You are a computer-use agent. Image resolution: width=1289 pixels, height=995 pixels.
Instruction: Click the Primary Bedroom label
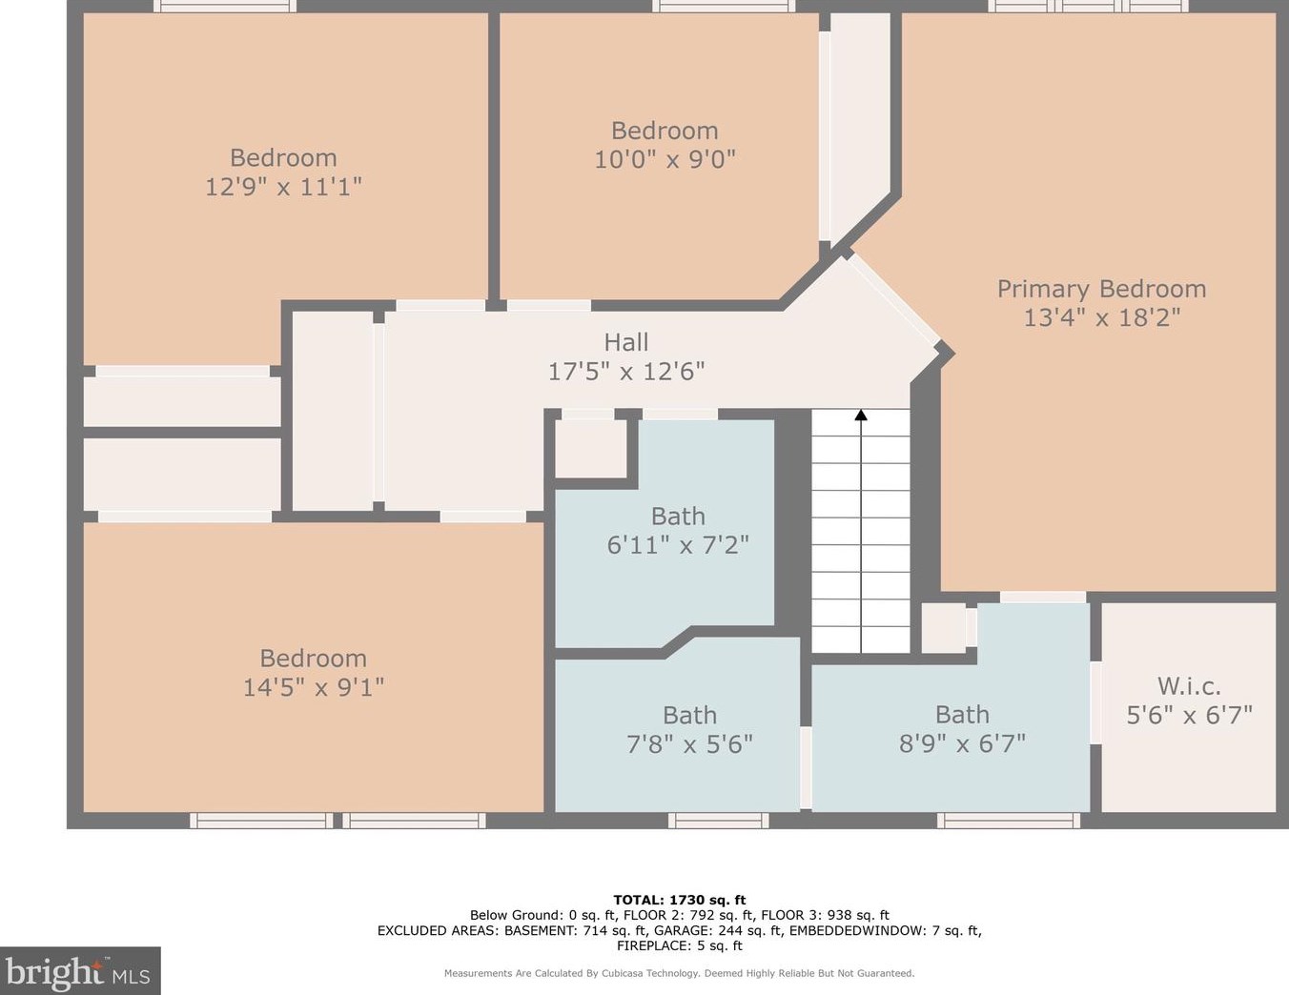point(1101,290)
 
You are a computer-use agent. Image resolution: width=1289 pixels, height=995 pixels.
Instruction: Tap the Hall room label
point(625,342)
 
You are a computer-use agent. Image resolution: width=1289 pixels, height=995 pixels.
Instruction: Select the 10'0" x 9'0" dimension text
point(665,159)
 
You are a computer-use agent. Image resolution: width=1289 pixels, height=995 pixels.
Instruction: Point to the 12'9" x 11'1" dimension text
point(283,187)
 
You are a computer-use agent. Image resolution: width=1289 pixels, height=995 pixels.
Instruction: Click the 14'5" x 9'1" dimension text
point(314,687)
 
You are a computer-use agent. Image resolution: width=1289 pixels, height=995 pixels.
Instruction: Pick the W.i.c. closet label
point(1189,686)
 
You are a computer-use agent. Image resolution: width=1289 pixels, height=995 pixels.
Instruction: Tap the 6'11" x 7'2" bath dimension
point(678,544)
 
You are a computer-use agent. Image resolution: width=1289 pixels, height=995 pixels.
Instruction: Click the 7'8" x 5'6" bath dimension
point(689,743)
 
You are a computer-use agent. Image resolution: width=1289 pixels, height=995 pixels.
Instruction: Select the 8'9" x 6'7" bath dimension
point(962,743)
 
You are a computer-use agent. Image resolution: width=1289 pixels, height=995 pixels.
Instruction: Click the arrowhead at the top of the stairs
point(861,415)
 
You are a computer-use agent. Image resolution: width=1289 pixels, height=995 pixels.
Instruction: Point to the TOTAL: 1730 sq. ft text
point(679,900)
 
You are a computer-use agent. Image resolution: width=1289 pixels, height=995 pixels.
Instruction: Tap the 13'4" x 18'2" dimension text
point(1102,317)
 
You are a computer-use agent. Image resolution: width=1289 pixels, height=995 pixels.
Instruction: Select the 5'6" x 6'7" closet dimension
point(1189,715)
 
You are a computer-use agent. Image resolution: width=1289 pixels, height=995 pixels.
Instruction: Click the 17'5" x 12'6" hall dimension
point(625,372)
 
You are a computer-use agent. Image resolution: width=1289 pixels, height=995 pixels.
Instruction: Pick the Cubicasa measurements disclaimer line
point(679,973)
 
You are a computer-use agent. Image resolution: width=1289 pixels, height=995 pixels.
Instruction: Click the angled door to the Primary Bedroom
point(893,301)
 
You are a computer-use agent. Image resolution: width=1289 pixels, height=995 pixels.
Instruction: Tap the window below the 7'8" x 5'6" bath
point(718,820)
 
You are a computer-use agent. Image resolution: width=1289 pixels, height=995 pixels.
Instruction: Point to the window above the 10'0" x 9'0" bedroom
point(724,6)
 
